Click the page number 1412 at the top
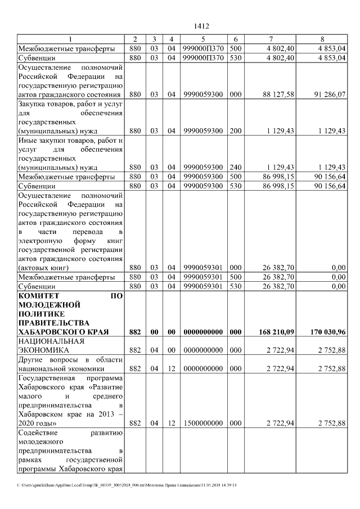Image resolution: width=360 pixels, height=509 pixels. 201,26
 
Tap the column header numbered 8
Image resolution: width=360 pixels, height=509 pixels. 322,39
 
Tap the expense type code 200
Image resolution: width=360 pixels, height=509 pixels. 236,130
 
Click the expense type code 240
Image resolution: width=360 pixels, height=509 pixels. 236,167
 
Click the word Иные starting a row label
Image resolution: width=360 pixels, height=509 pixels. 28,140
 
